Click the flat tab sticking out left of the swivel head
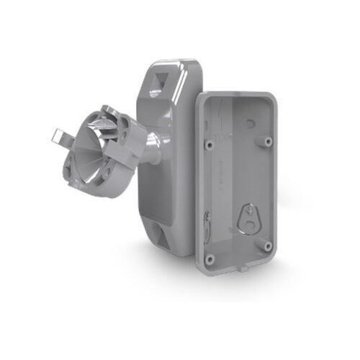tap(66, 138)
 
